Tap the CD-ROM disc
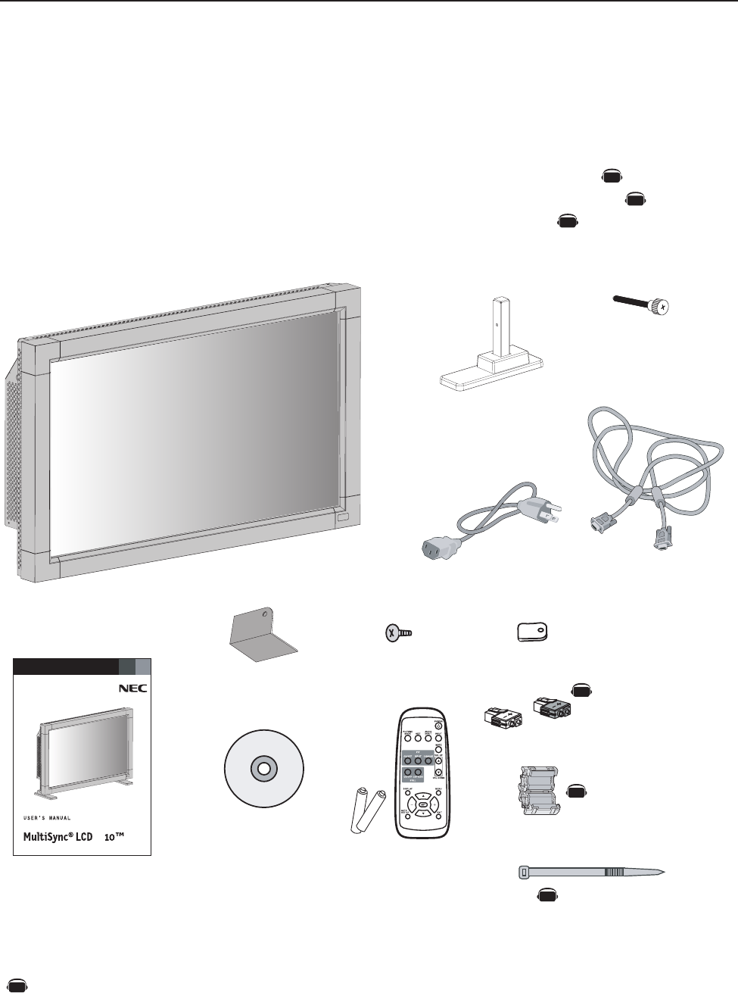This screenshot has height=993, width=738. tap(263, 768)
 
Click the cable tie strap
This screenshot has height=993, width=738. tap(590, 873)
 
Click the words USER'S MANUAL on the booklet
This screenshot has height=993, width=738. tap(45, 818)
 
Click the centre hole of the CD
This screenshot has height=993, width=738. tap(263, 768)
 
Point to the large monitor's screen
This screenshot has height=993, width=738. tap(193, 432)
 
